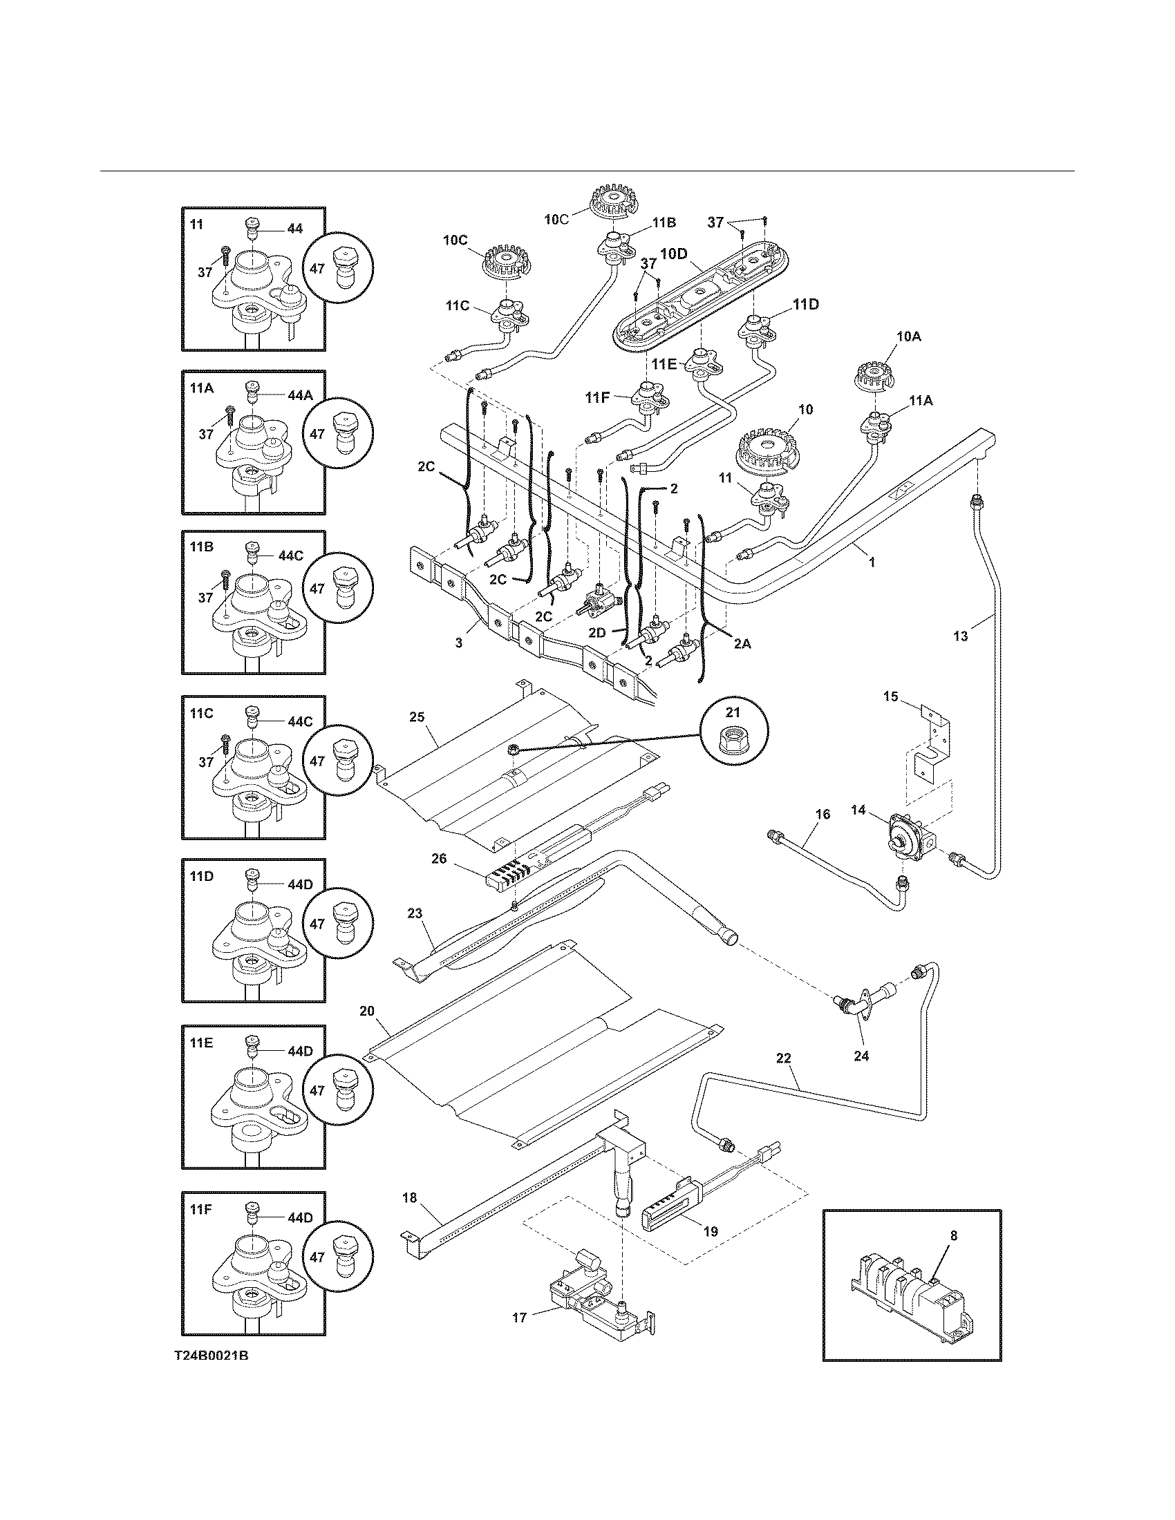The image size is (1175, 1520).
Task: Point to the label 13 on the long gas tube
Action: click(961, 636)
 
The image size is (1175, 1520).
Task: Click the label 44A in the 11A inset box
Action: click(301, 395)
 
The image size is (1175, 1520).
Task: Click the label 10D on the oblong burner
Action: click(673, 254)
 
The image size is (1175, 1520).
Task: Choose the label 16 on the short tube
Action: click(822, 814)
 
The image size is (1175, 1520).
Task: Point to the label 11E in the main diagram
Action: click(664, 364)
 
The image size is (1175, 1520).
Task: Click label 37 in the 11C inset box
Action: click(206, 762)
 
